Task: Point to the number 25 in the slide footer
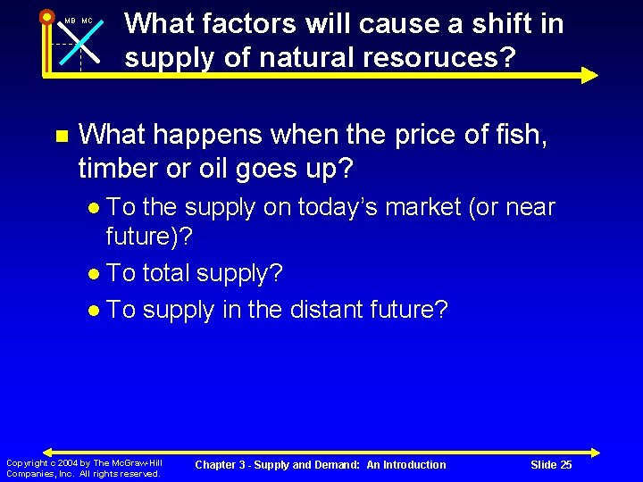(x=565, y=465)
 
